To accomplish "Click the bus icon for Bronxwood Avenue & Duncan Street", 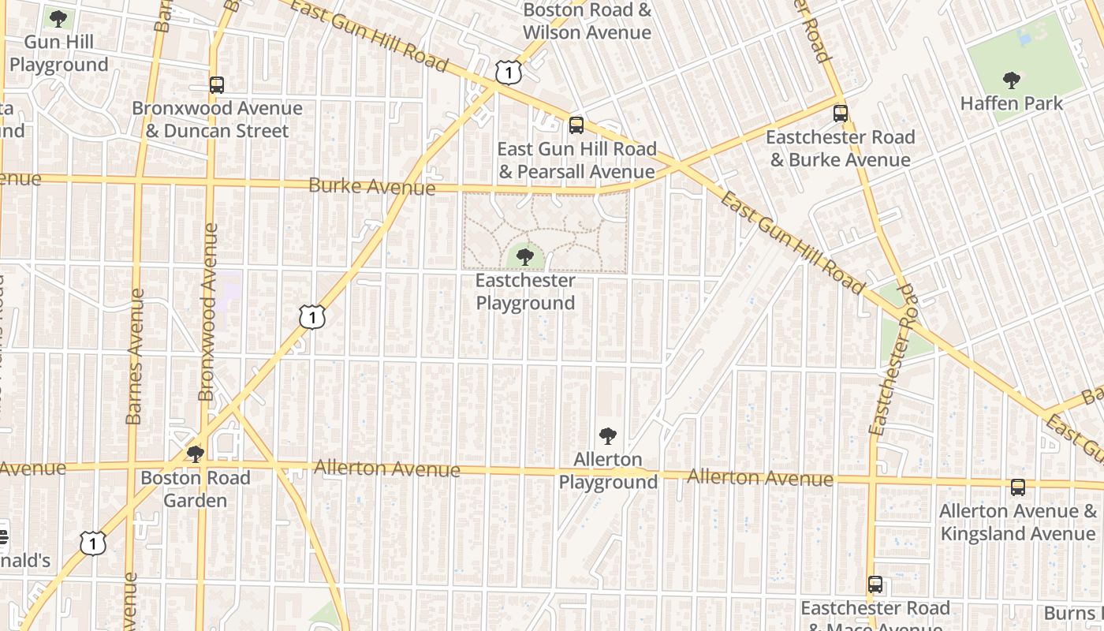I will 217,84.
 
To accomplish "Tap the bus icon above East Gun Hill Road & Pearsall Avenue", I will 576,125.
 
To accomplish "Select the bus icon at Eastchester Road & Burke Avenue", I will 841,113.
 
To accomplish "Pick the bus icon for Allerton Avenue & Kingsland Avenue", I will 1018,487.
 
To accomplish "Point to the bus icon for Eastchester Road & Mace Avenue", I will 875,584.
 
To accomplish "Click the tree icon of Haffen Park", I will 1011,79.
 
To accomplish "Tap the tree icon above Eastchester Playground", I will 525,256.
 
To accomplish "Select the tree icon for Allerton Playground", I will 607,435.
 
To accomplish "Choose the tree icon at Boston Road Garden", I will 195,454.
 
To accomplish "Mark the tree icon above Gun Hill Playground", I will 58,18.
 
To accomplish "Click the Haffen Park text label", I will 1012,103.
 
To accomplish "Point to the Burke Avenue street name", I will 371,186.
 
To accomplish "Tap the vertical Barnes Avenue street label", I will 135,357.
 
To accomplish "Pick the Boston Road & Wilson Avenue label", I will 587,21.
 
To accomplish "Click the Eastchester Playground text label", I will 525,292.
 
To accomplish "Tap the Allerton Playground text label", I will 608,470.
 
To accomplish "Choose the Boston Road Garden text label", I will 195,489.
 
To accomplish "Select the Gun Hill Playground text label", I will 58,53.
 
